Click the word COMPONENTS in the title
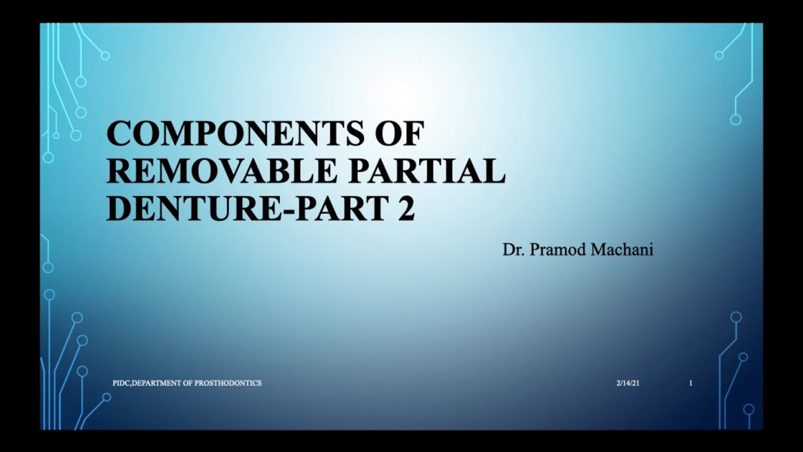click(234, 133)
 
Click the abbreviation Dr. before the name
click(513, 250)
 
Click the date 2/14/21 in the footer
click(628, 383)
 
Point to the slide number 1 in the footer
click(691, 383)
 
